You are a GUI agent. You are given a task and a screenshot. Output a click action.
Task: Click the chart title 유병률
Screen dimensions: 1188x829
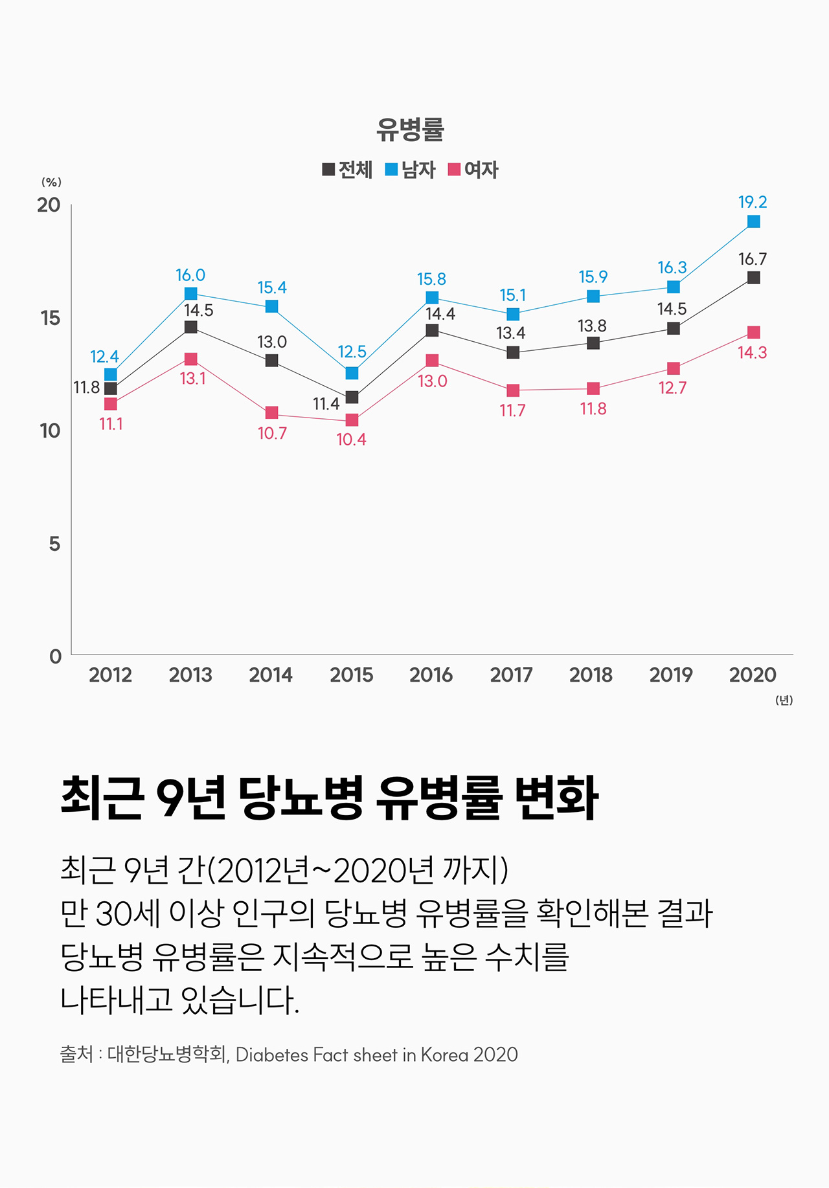410,129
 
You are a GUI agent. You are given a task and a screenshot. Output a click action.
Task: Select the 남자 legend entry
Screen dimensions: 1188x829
410,170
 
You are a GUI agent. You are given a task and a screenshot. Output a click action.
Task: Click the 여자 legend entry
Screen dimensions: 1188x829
473,170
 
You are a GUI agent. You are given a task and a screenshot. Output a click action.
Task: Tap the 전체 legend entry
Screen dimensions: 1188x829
347,170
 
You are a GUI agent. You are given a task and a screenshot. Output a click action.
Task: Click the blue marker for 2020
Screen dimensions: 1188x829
753,221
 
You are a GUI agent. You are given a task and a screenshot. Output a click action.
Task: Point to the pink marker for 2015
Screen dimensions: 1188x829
352,420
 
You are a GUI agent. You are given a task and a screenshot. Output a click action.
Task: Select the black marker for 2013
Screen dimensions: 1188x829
190,327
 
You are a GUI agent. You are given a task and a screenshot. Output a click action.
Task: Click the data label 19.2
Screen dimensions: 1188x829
753,202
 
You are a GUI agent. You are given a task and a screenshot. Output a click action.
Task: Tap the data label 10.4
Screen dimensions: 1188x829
351,440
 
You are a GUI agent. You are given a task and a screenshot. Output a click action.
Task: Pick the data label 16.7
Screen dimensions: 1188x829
753,259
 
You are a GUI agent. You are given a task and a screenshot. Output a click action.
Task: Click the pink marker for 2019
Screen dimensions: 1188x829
674,368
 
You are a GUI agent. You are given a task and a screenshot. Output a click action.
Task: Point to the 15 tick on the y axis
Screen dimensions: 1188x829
50,318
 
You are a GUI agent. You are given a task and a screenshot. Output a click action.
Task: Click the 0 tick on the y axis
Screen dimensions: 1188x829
55,656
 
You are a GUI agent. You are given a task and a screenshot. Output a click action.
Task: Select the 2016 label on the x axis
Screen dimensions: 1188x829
431,675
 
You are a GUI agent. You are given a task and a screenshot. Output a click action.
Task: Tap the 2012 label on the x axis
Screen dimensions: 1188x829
110,675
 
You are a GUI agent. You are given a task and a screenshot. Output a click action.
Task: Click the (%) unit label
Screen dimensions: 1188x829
51,182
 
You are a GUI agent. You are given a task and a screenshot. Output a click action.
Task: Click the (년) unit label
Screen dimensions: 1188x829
784,700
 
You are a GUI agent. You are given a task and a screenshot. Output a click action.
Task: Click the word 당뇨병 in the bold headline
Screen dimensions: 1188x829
301,798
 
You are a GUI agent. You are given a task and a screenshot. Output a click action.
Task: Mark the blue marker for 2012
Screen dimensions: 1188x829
111,374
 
